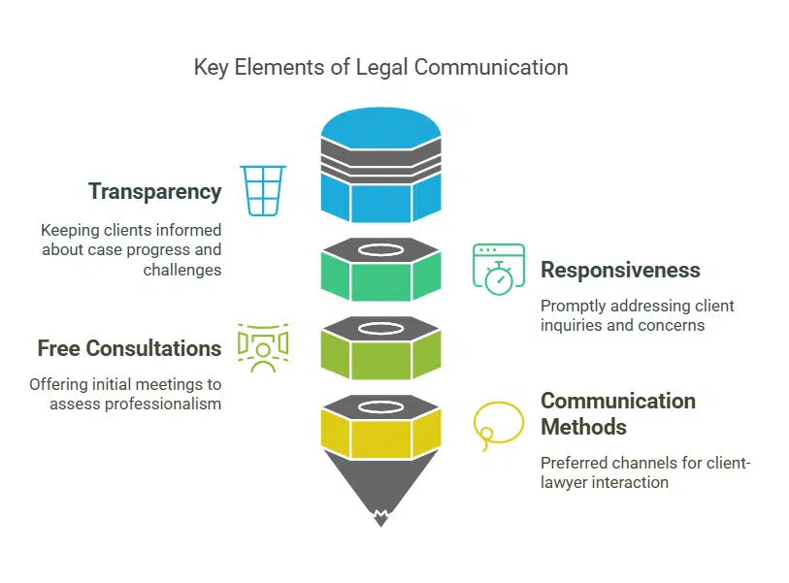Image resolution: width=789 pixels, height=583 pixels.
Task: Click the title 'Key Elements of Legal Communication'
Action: (380, 67)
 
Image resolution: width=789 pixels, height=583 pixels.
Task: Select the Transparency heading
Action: (154, 191)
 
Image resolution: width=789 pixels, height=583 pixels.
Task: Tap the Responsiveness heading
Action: (619, 270)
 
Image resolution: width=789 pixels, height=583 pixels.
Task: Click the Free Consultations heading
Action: (129, 347)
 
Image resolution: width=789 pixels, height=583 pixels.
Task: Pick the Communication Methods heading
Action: (617, 413)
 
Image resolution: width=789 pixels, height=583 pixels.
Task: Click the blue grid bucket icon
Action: (263, 190)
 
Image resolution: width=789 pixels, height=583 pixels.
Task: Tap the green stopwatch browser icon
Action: (498, 268)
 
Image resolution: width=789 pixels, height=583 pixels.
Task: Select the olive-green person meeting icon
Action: (262, 347)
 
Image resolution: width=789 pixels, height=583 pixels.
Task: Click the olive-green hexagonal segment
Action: (380, 358)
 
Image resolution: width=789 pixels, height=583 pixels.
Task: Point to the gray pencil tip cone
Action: (380, 490)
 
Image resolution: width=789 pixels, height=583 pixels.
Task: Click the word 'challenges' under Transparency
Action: (182, 270)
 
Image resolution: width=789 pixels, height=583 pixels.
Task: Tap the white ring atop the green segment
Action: (380, 249)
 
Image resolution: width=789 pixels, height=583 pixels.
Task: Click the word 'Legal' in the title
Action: (356, 67)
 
